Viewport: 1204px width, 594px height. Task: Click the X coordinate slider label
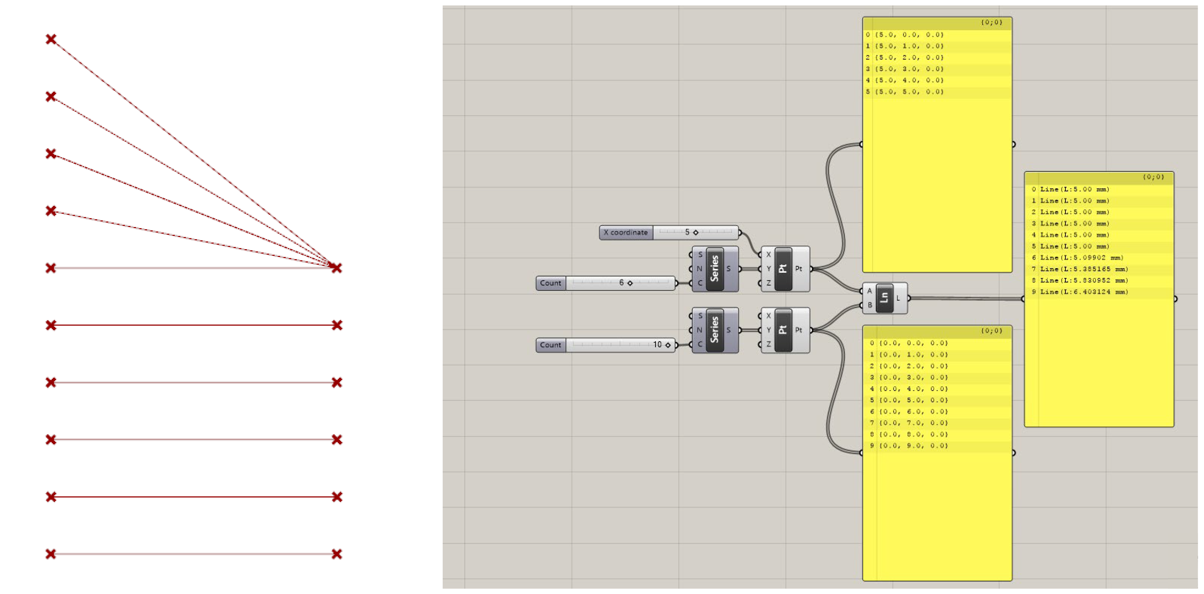(x=625, y=232)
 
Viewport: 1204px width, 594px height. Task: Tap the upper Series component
(x=714, y=269)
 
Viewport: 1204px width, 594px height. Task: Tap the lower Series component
(x=714, y=330)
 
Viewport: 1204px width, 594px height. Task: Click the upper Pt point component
(x=783, y=269)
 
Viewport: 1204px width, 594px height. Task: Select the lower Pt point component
(x=783, y=330)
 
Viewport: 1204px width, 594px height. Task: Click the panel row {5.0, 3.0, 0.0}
(x=909, y=69)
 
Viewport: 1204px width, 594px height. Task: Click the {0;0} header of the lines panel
(x=1153, y=177)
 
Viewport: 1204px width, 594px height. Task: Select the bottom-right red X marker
(x=337, y=554)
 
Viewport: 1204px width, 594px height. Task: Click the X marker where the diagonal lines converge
(x=336, y=268)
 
